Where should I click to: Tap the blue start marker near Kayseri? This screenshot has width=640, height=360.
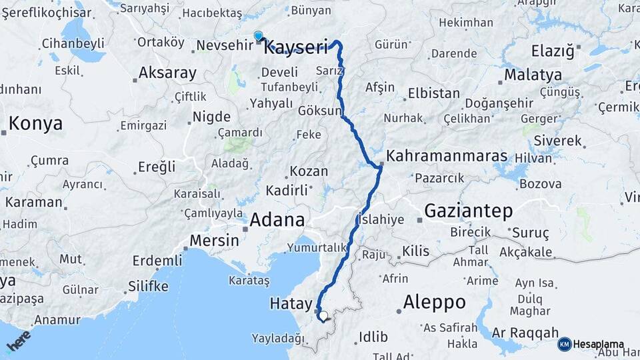[258, 37]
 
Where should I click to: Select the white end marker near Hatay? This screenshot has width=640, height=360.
[323, 316]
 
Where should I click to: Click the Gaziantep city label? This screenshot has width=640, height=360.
[469, 211]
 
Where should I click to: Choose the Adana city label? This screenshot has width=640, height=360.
[277, 219]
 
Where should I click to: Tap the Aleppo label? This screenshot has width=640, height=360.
[434, 301]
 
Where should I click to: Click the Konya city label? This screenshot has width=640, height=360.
[35, 123]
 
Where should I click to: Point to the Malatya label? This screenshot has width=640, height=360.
[533, 75]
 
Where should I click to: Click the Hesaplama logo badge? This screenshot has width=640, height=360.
[591, 344]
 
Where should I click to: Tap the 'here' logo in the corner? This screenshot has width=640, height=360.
[18, 341]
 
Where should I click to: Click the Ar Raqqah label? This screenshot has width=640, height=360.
[525, 332]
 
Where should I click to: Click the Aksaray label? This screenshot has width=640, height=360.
[167, 73]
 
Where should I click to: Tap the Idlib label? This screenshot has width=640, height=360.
[373, 337]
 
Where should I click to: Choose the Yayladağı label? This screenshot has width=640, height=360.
[277, 338]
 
